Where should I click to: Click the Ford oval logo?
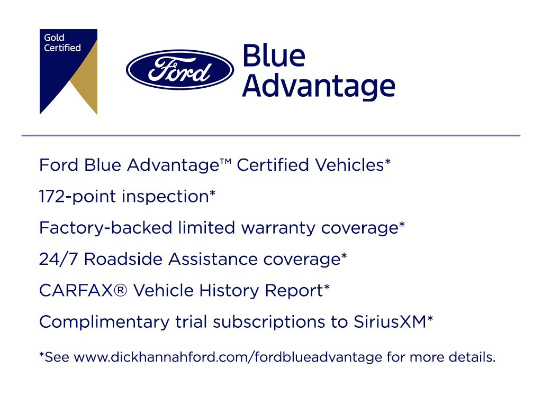180,69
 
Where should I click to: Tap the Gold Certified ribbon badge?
68,71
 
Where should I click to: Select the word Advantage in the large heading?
319,86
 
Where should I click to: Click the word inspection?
166,197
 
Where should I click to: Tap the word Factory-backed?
105,228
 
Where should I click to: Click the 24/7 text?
59,259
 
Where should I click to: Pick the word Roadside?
123,259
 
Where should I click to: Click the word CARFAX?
76,290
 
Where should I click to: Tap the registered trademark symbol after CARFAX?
120,290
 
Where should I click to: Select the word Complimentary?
104,322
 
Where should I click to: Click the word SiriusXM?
390,322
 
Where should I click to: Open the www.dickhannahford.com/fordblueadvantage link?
228,357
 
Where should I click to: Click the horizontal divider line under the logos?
271,135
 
